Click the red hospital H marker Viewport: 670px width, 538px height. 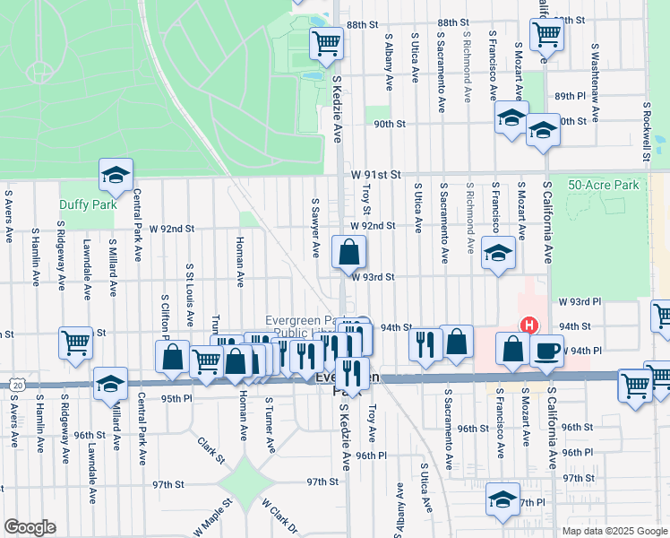coord(529,326)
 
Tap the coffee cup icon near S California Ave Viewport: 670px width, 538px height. coord(545,351)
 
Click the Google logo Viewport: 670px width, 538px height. coord(30,527)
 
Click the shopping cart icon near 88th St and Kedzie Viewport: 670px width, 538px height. coord(326,41)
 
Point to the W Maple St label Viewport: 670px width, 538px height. coord(212,519)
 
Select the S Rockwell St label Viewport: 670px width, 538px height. coord(646,131)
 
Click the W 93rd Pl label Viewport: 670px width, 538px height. coord(579,303)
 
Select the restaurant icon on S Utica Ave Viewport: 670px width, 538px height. coord(425,343)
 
